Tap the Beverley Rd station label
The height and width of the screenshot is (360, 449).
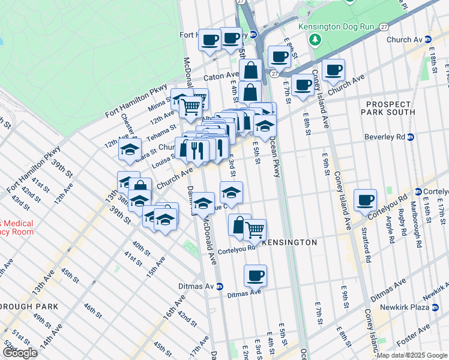[385, 137]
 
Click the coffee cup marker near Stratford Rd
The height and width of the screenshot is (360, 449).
[365, 199]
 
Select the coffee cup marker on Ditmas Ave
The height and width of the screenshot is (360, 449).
[255, 275]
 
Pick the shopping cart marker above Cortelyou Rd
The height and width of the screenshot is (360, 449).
[255, 229]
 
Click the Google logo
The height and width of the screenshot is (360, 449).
[20, 353]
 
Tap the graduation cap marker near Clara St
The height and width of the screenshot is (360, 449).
[129, 151]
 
